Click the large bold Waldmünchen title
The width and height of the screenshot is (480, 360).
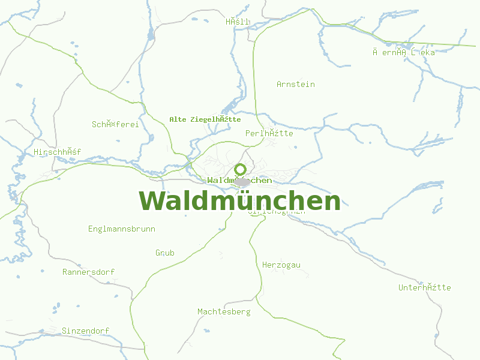(x=240, y=201)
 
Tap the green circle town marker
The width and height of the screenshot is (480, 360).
(x=241, y=169)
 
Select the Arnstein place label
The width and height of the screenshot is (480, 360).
(x=295, y=84)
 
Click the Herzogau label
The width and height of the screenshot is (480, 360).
(x=281, y=265)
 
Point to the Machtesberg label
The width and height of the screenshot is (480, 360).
(x=224, y=311)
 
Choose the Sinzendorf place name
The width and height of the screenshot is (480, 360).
(x=85, y=331)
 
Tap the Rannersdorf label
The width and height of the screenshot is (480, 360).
(x=88, y=272)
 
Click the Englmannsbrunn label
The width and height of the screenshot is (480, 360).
(x=121, y=229)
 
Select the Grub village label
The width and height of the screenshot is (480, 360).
(x=164, y=253)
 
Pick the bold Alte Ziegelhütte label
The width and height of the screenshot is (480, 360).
(x=205, y=119)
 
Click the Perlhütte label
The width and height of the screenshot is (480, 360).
(x=269, y=133)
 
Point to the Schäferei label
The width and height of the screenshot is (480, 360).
(x=115, y=124)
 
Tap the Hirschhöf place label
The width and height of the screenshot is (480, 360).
(x=57, y=152)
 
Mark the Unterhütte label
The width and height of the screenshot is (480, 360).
(x=424, y=287)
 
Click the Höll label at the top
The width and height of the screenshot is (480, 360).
(x=237, y=22)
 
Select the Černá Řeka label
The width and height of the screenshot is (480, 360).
(x=403, y=52)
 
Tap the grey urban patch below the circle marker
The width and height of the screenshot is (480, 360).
(x=242, y=181)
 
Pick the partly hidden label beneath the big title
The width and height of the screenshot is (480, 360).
(x=277, y=211)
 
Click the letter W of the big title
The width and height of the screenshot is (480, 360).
(x=152, y=201)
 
